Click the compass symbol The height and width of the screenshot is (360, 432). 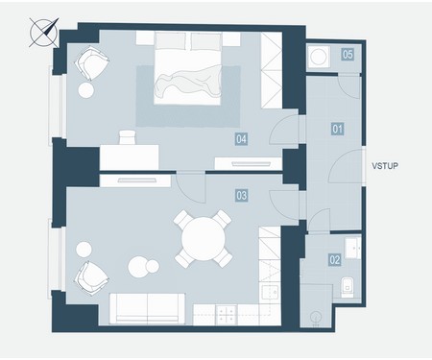tap(44, 33)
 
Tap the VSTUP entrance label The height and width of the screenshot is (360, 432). tap(385, 166)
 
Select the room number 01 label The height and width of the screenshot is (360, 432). tap(337, 130)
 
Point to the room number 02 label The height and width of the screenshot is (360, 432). tap(335, 259)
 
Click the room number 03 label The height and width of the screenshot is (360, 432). tap(242, 195)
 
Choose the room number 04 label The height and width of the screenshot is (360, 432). tap(241, 139)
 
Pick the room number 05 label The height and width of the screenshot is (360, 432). tap(348, 54)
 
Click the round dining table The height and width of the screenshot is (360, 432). tap(203, 238)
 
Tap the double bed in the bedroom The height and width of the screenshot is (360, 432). tap(187, 68)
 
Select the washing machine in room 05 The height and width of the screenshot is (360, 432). tap(319, 57)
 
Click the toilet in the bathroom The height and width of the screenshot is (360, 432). tap(348, 287)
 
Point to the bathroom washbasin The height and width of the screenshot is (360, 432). tap(353, 247)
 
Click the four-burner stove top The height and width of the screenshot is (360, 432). tap(227, 314)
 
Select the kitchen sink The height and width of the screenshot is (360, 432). tap(271, 292)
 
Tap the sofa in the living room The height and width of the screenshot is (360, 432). tap(147, 308)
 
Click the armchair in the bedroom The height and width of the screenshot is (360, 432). tap(92, 63)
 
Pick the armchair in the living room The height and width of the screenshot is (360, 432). tap(91, 277)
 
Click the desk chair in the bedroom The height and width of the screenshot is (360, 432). tap(128, 137)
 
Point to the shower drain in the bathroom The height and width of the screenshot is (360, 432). tap(316, 317)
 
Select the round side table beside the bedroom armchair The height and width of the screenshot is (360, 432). tap(86, 90)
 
